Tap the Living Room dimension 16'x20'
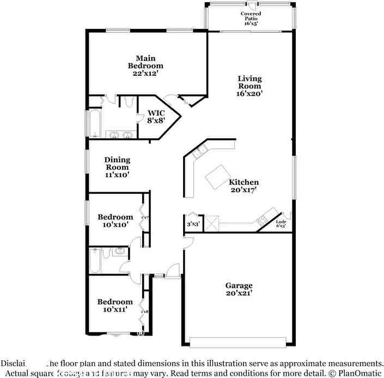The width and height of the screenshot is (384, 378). [250, 94]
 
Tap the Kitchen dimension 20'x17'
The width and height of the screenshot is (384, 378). [243, 190]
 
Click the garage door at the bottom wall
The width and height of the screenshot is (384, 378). [237, 342]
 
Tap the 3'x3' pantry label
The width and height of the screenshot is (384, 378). [192, 223]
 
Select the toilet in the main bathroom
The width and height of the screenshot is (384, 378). [129, 101]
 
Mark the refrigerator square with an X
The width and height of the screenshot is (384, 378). [212, 222]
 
